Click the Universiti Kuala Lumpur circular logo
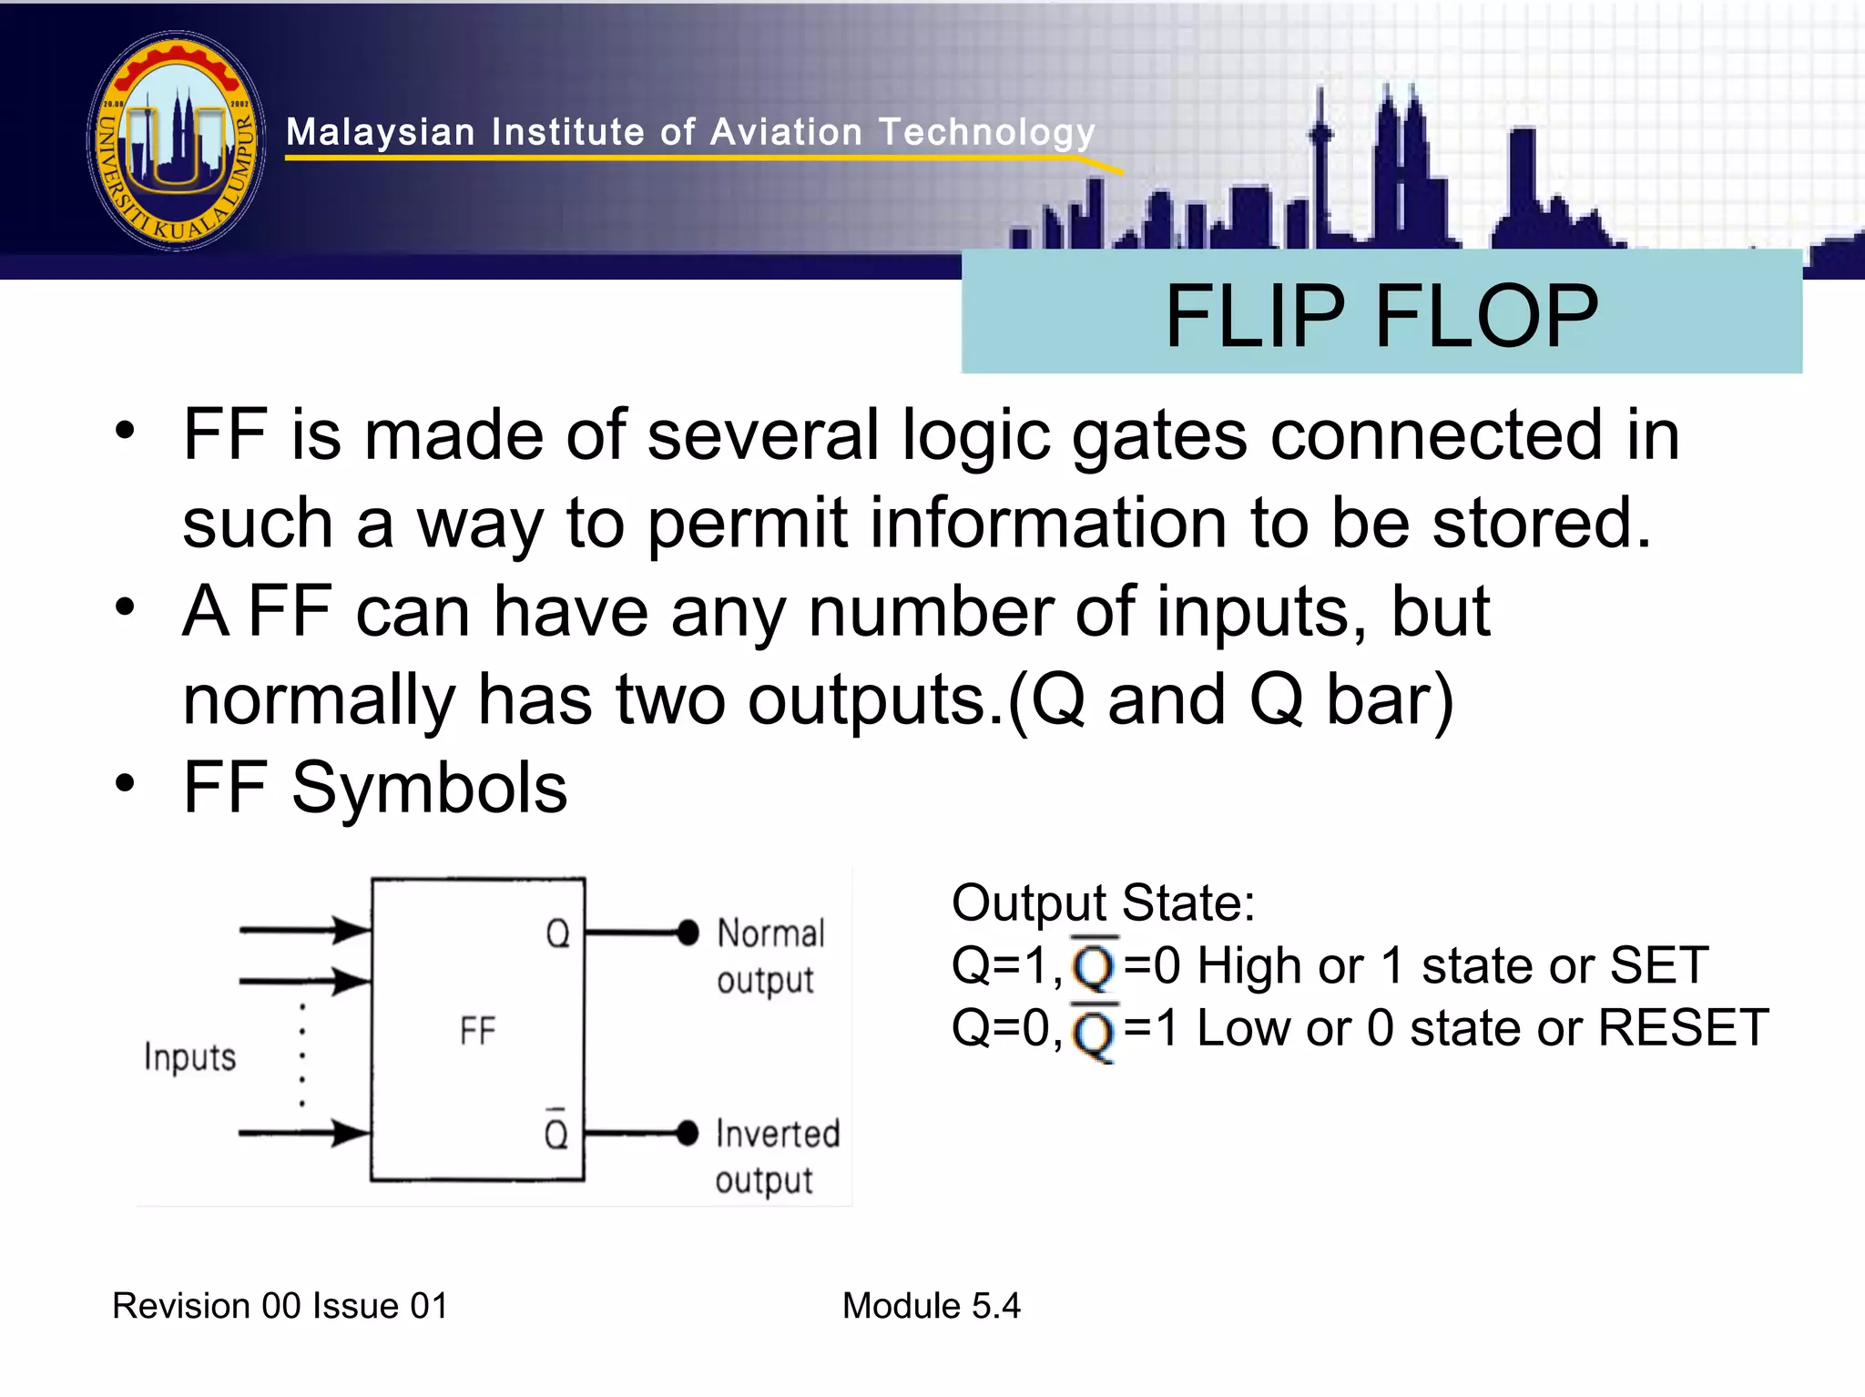coord(177,140)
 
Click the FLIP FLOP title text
coord(1381,316)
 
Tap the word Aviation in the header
coord(786,133)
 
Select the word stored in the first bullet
coord(1540,525)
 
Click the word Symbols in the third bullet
coord(429,788)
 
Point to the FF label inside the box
coord(477,1032)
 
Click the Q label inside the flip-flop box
coord(557,934)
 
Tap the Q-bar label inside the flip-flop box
coord(556,1131)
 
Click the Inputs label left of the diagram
coord(189,1058)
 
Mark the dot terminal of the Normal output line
coord(688,933)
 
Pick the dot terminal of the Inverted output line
coord(688,1133)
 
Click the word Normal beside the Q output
coord(770,934)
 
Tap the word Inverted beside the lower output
coord(778,1135)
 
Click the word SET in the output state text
coord(1658,965)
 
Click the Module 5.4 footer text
coord(931,1306)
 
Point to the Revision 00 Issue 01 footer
coord(280,1306)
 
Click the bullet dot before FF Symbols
coord(125,783)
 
